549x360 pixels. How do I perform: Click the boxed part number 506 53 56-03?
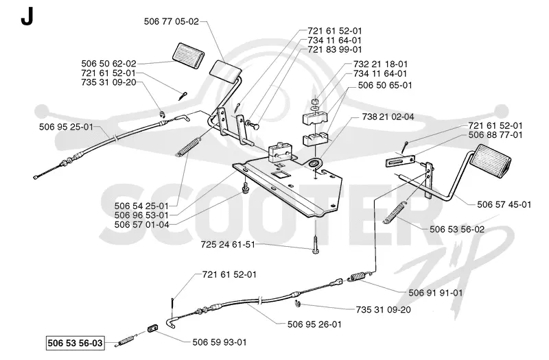tap(75, 343)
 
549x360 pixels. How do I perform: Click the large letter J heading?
tap(27, 16)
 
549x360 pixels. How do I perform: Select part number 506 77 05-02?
tap(171, 21)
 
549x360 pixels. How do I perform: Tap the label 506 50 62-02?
tap(108, 64)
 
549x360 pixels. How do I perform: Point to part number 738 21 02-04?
tap(388, 117)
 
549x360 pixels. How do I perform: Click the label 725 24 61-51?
tap(228, 244)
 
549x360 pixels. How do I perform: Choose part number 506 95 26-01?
tap(314, 324)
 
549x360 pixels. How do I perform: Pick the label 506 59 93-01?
tap(220, 342)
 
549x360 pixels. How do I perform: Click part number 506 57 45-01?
tap(504, 204)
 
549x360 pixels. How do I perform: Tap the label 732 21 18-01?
tap(381, 64)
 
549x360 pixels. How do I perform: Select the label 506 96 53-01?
tap(141, 215)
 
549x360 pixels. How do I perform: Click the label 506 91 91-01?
tap(436, 293)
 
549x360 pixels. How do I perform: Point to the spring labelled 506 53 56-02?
tap(396, 212)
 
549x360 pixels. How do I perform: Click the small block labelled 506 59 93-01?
tap(152, 328)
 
